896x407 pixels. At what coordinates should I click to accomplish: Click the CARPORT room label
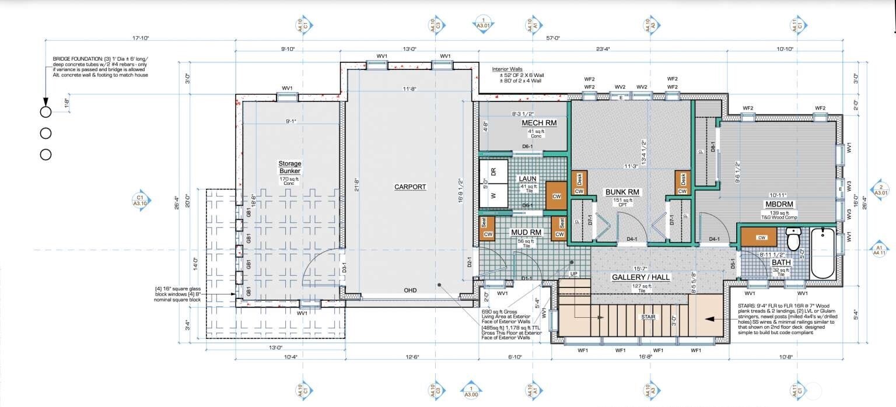[410, 187]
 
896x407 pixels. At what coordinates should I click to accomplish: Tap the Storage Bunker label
[289, 168]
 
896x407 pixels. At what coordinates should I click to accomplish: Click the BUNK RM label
[622, 191]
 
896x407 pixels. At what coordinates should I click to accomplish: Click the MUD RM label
[527, 233]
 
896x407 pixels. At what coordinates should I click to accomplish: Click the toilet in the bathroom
[793, 238]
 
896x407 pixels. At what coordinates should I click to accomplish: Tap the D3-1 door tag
[344, 269]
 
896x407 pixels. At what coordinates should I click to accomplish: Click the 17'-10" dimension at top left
[141, 38]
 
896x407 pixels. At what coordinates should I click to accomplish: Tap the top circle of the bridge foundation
[45, 113]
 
